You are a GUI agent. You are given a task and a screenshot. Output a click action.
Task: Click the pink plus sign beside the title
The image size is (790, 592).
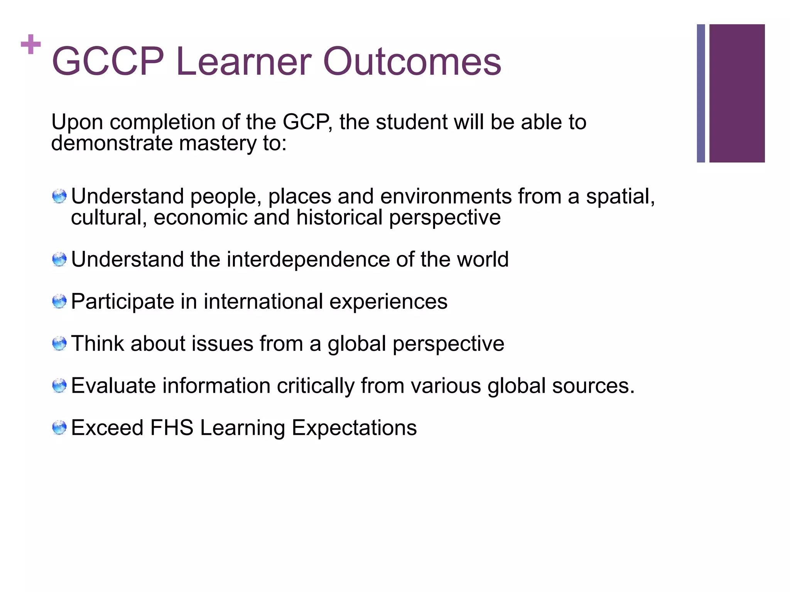coord(31,44)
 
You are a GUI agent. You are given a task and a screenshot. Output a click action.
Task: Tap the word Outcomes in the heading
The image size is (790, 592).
coord(412,62)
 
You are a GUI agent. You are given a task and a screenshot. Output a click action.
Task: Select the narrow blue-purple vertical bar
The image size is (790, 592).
coord(701,93)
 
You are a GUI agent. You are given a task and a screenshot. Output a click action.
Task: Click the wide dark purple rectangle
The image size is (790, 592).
coord(737,93)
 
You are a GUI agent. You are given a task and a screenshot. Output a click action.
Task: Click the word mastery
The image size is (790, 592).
coord(218,143)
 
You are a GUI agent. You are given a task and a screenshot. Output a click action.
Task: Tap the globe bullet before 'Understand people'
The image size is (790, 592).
coord(59,196)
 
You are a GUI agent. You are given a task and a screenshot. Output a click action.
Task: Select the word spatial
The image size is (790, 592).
coord(620,197)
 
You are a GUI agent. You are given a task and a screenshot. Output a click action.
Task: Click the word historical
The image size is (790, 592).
coord(339,217)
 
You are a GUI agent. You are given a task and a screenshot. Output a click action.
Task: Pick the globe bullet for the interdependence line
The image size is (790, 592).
coord(59,259)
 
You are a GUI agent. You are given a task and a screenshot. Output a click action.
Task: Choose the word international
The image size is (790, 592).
coord(263,301)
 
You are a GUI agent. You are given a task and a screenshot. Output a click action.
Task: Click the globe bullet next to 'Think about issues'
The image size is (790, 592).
coord(59,343)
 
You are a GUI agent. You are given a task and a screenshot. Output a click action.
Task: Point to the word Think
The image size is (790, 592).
coord(98,343)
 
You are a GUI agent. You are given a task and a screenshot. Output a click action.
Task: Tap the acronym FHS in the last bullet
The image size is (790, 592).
coord(172,428)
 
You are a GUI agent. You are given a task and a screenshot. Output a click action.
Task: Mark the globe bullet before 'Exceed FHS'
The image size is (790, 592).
coord(59,428)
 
